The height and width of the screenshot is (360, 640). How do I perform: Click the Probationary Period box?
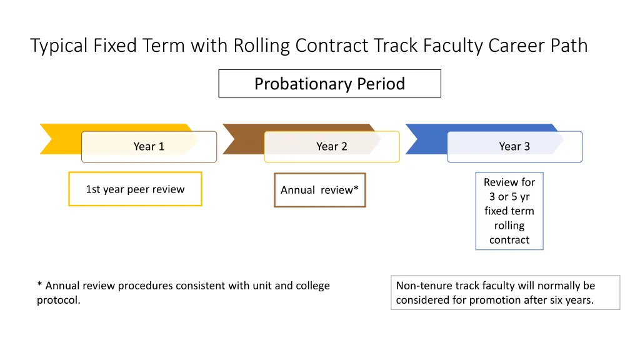pos(329,84)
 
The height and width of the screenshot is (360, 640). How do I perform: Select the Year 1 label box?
pos(149,147)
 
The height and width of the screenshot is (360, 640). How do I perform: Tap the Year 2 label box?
pos(331,147)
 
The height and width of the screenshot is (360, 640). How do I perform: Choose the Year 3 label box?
pos(514,147)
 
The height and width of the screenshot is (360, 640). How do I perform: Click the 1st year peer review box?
pos(135,189)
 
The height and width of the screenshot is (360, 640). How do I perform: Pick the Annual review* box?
pos(319,190)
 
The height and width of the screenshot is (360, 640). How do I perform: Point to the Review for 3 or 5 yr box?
pos(509,211)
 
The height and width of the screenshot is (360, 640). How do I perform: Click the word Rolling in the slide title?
pos(262,46)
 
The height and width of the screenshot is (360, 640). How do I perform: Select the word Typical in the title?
pos(59,46)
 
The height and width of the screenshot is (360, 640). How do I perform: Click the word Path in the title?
pos(570,46)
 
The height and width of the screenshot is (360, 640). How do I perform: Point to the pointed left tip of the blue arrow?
pos(407,126)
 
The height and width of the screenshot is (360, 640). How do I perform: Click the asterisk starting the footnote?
pos(39,285)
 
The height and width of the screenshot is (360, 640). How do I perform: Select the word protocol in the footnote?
pos(57,301)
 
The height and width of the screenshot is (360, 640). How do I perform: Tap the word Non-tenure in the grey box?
pos(424,286)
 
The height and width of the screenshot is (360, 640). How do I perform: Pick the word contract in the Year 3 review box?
pos(509,240)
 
